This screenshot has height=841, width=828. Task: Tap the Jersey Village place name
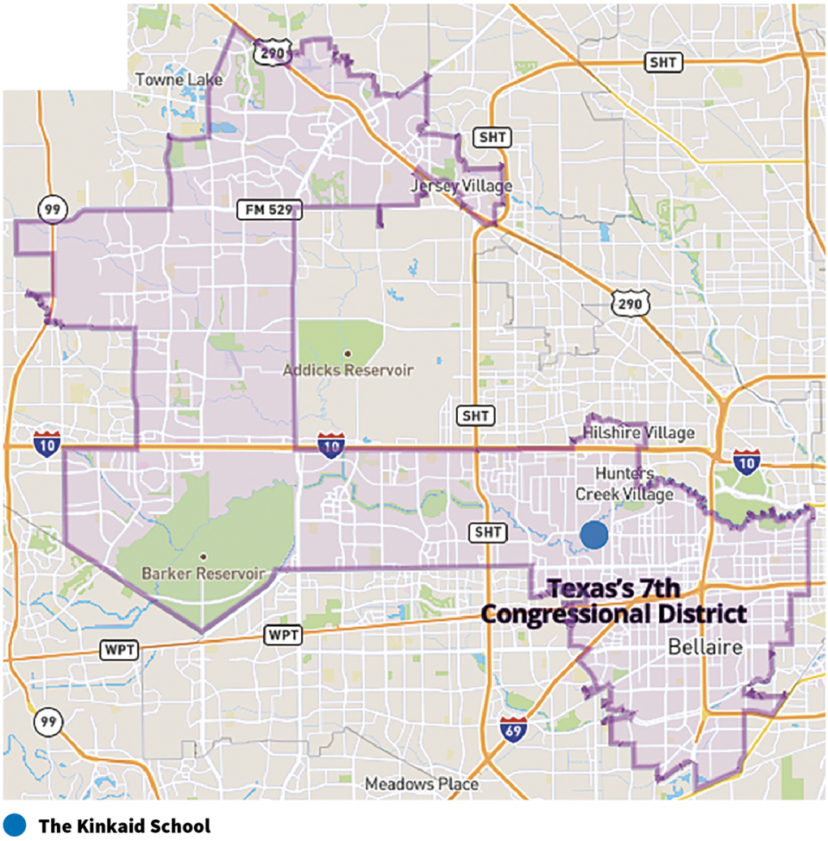[x=461, y=187]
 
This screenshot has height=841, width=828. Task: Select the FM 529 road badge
[x=269, y=210]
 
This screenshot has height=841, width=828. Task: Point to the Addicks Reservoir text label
[x=347, y=371]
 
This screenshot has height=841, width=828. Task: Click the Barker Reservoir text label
[x=203, y=573]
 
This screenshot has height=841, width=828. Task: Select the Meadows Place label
[x=421, y=784]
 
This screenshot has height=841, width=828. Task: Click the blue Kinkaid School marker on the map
[x=594, y=535]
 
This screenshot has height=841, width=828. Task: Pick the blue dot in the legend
[x=15, y=826]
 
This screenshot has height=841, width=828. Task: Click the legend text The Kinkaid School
[x=124, y=826]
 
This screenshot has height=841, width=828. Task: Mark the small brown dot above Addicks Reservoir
[x=347, y=354]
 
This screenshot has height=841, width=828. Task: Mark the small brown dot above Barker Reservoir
[x=203, y=556]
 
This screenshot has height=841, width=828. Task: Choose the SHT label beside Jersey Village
[x=494, y=137]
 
